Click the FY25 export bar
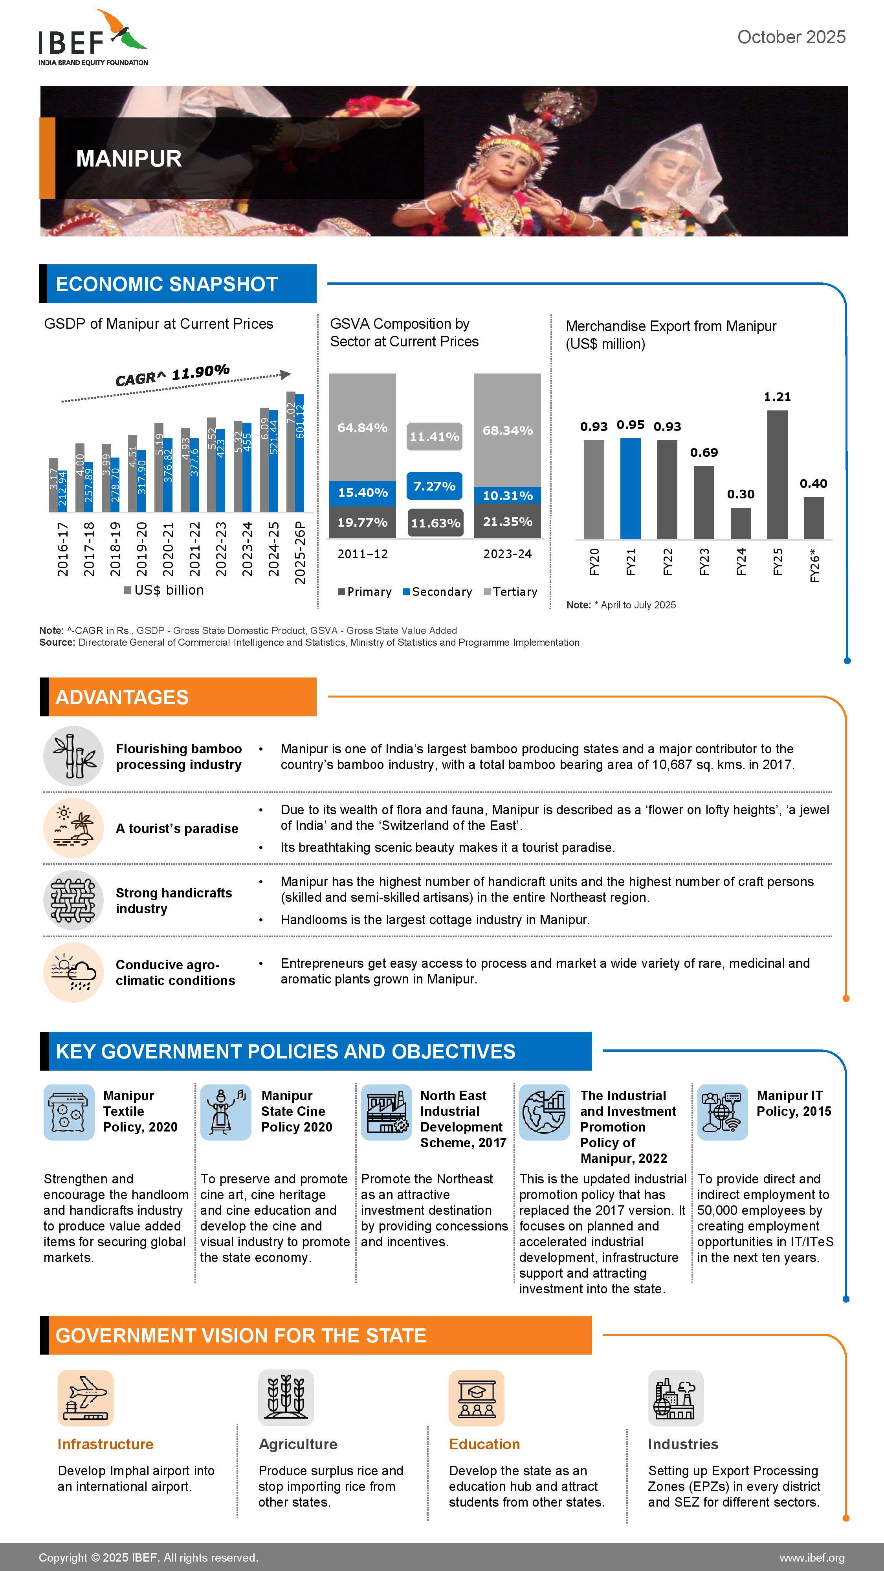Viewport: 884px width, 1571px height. click(777, 474)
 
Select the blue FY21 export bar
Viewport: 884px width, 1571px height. click(630, 489)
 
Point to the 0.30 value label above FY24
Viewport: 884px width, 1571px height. click(740, 494)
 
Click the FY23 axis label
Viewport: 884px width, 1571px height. click(704, 562)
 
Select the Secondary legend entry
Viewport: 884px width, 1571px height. click(437, 591)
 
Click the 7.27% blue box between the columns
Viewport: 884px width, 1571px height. click(435, 486)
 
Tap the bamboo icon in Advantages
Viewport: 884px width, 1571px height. click(73, 756)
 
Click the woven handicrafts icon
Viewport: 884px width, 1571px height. click(73, 900)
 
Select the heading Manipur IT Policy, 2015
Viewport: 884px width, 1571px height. click(793, 1103)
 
